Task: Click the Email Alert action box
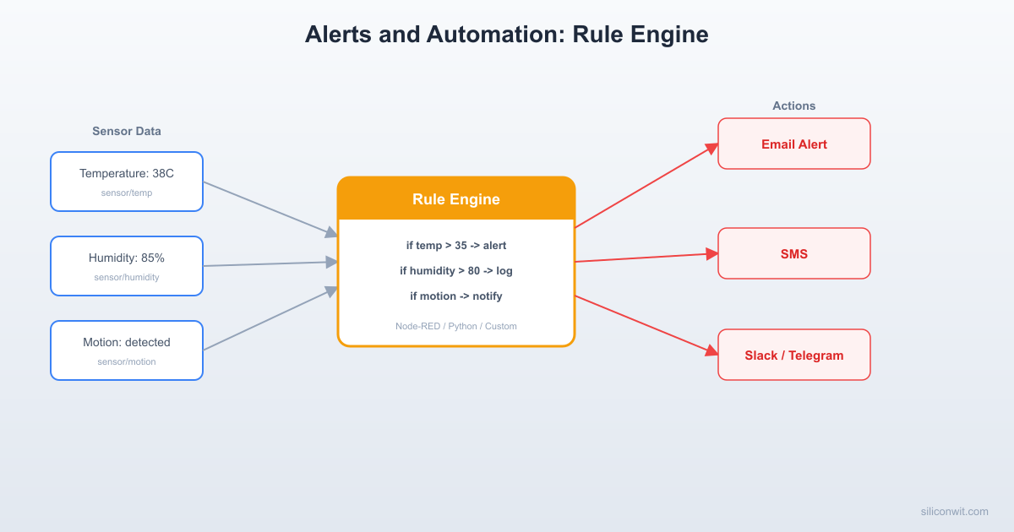pos(793,144)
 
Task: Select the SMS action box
pos(793,253)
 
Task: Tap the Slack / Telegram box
pos(793,355)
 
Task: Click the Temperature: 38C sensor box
pos(127,181)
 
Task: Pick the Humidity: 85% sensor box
pos(127,265)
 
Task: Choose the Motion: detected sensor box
pos(127,350)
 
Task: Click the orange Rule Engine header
pos(456,199)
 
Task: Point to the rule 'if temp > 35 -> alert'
pos(456,246)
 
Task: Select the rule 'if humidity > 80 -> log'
pos(456,271)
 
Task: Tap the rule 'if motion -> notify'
pos(456,296)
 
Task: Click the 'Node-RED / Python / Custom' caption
pos(456,326)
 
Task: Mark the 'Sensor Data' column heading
pos(127,132)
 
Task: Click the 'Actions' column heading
pos(793,106)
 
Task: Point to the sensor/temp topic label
pos(127,193)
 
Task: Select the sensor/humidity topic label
pos(127,278)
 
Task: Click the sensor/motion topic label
pos(127,362)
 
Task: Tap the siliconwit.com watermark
pos(954,512)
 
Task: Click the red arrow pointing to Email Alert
pos(646,186)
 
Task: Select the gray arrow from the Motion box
pos(270,318)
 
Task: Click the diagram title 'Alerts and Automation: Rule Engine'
pos(506,35)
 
